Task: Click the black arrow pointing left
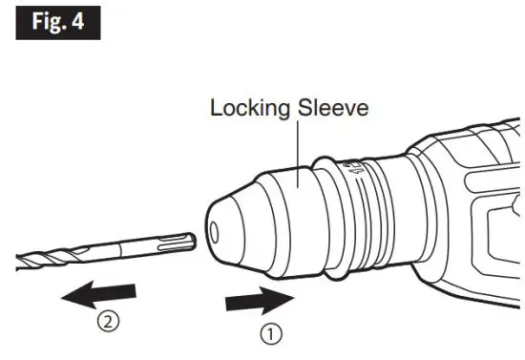(x=100, y=295)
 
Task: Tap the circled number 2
(x=112, y=322)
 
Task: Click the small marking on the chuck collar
(x=358, y=172)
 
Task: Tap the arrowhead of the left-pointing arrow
(x=72, y=295)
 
